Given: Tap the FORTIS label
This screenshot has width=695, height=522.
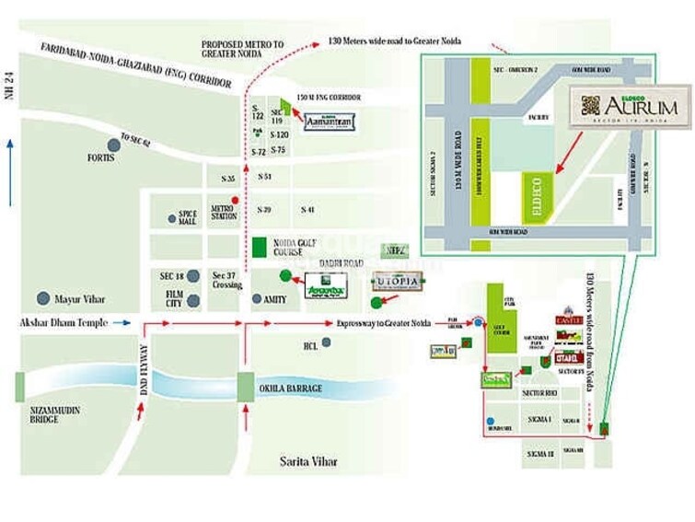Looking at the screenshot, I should pyautogui.click(x=101, y=158).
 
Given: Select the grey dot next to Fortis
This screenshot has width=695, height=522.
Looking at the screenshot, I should pyautogui.click(x=114, y=144).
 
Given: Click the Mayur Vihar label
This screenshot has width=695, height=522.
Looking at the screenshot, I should pyautogui.click(x=81, y=299).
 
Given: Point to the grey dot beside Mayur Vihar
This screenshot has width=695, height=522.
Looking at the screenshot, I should pyautogui.click(x=42, y=299).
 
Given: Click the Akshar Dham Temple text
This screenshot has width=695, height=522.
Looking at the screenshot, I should pyautogui.click(x=64, y=323).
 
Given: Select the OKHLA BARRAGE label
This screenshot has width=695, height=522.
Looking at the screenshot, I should pyautogui.click(x=290, y=389).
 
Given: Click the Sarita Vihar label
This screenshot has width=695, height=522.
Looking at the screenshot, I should pyautogui.click(x=311, y=460).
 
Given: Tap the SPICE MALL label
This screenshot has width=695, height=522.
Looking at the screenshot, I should pyautogui.click(x=188, y=218).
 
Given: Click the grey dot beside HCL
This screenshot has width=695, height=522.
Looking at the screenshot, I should pyautogui.click(x=326, y=342).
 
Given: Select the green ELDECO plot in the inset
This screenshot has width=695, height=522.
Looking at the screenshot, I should pyautogui.click(x=535, y=198).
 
